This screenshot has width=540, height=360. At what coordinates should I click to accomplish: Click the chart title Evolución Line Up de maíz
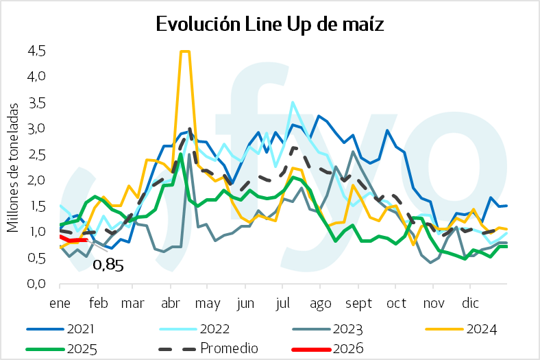point(270,25)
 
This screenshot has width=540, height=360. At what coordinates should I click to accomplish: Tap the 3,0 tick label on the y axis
point(36,128)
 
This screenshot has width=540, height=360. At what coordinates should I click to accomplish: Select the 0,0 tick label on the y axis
point(36,283)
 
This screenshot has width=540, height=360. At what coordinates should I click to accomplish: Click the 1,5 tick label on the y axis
point(36,206)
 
